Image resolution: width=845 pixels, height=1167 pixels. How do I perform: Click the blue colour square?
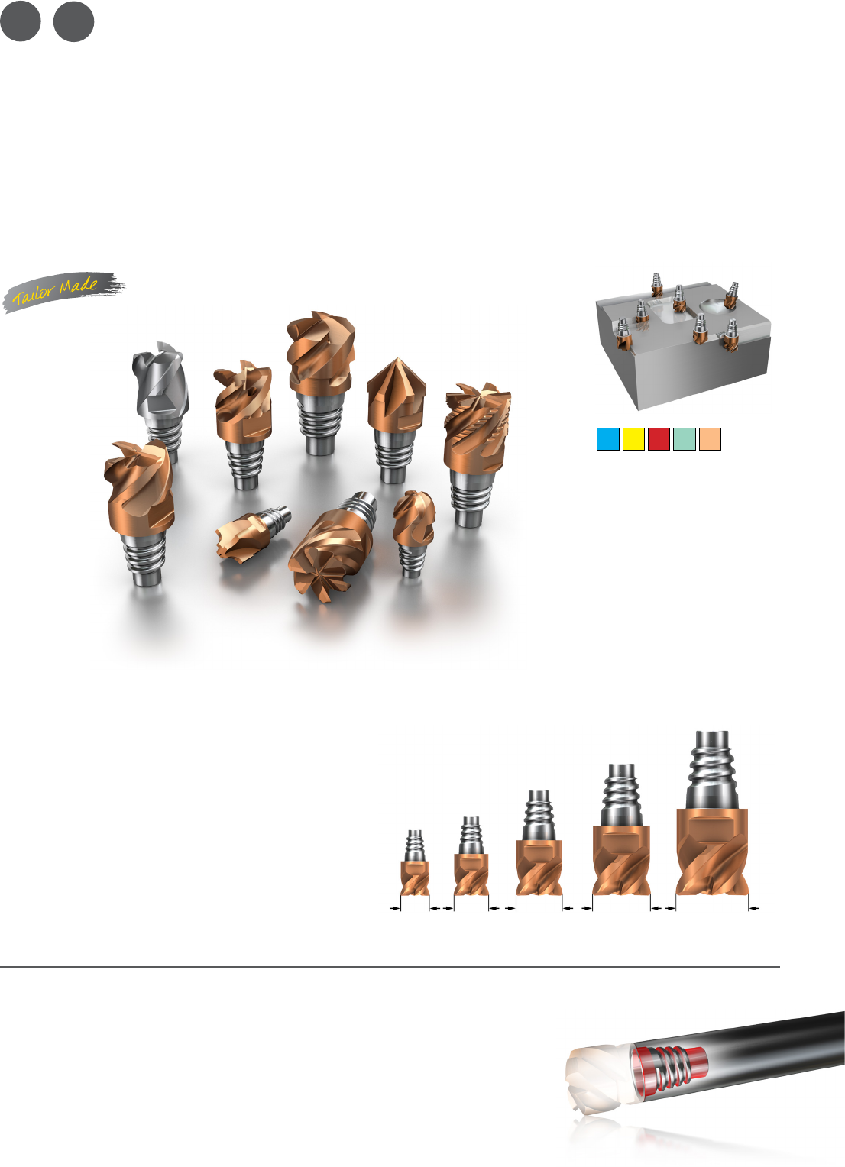(x=608, y=439)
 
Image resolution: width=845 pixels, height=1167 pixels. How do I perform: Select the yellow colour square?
(x=633, y=439)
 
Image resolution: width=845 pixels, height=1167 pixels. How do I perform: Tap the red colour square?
(x=659, y=439)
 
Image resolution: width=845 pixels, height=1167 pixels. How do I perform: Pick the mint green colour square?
(x=685, y=439)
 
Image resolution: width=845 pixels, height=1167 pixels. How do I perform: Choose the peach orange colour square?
(x=710, y=439)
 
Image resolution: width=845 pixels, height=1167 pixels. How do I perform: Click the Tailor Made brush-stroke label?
(x=63, y=291)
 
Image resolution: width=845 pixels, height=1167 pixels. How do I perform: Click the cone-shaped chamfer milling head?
(x=396, y=419)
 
